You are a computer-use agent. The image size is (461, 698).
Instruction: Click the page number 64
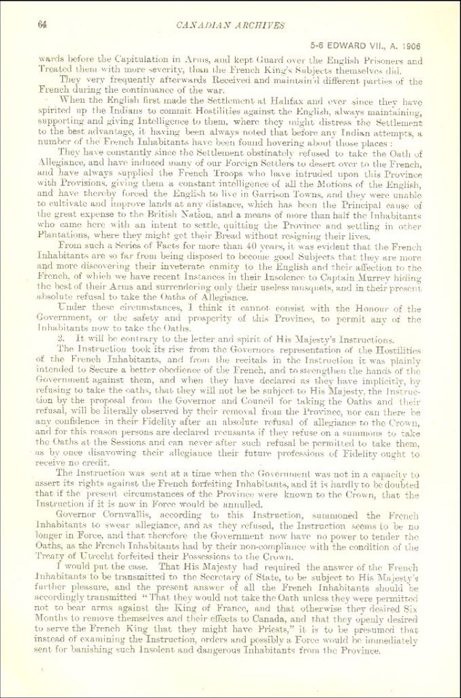coord(42,25)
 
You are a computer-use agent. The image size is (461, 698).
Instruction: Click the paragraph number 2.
coord(61,339)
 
